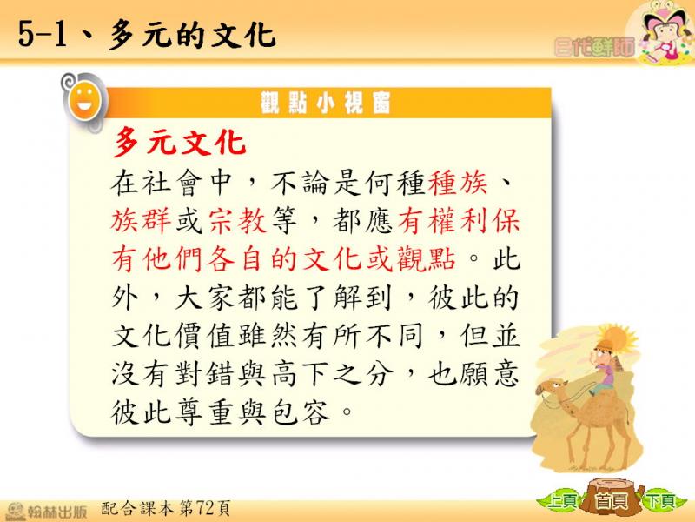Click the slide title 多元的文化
[192, 35]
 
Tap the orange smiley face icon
[85, 102]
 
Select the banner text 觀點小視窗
[325, 103]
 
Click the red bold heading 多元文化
[180, 143]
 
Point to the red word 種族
[459, 183]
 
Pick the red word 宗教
[237, 221]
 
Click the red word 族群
[141, 221]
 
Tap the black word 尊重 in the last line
[205, 412]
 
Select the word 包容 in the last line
[301, 412]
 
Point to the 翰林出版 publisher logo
[46, 511]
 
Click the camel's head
[551, 387]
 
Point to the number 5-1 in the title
[43, 35]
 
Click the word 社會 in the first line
[172, 183]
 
